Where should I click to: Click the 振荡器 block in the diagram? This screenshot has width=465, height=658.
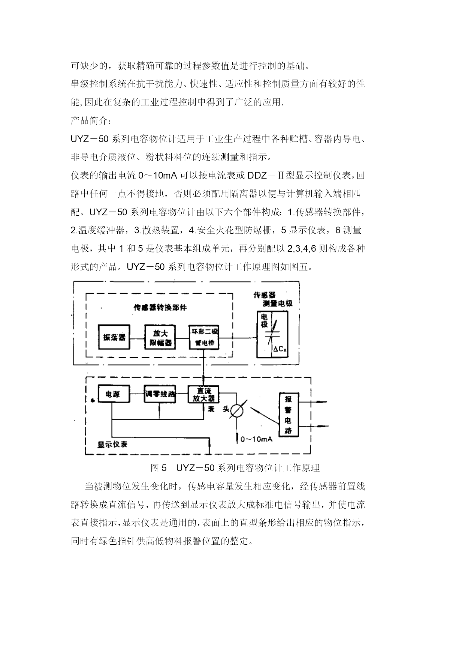[114, 337]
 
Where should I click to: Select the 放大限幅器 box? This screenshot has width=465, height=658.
[160, 337]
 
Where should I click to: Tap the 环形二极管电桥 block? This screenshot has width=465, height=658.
[204, 337]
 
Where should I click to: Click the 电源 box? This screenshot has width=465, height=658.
[114, 394]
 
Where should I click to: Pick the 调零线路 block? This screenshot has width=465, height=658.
[160, 394]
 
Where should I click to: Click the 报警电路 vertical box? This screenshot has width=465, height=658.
[288, 415]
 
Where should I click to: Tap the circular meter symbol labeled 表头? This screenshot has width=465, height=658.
[236, 410]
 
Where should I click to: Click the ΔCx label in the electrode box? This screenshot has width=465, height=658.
[280, 349]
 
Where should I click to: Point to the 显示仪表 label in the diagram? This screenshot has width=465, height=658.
[112, 444]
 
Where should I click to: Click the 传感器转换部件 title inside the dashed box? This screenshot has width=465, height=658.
[160, 307]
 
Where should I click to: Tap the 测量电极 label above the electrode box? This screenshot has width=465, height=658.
[278, 303]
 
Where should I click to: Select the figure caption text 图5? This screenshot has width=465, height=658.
[158, 468]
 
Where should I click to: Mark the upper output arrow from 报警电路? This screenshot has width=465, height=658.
[312, 402]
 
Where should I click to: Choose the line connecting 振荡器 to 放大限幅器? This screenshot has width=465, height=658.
[138, 337]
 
